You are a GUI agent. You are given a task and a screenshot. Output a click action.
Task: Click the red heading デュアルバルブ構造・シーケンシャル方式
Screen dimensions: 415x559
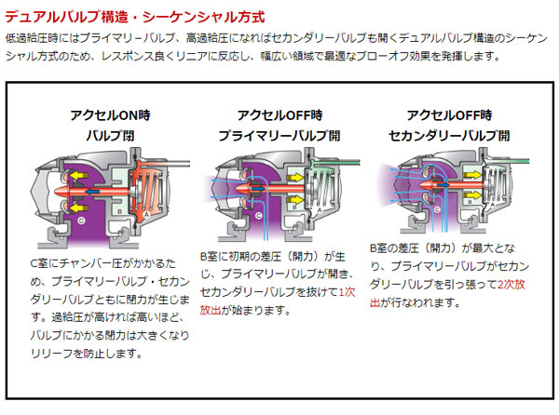point(130,15)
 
